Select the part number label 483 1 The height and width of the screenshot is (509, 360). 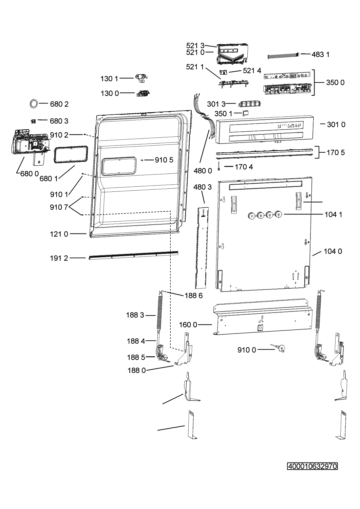point(320,55)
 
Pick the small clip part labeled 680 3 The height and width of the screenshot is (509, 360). point(33,121)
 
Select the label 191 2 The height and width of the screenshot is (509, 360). point(59,258)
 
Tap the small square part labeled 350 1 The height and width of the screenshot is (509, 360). point(245,113)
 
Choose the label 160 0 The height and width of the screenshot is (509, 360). point(188,325)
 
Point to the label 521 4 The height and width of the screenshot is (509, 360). point(252,71)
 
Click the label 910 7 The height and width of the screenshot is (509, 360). point(59,207)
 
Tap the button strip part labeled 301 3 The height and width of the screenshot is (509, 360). point(249,103)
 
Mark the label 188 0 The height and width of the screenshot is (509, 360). point(137,371)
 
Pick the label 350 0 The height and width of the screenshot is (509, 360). point(335,82)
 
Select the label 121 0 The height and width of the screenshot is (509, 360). point(59,234)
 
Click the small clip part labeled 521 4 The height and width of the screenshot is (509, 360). point(223,72)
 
